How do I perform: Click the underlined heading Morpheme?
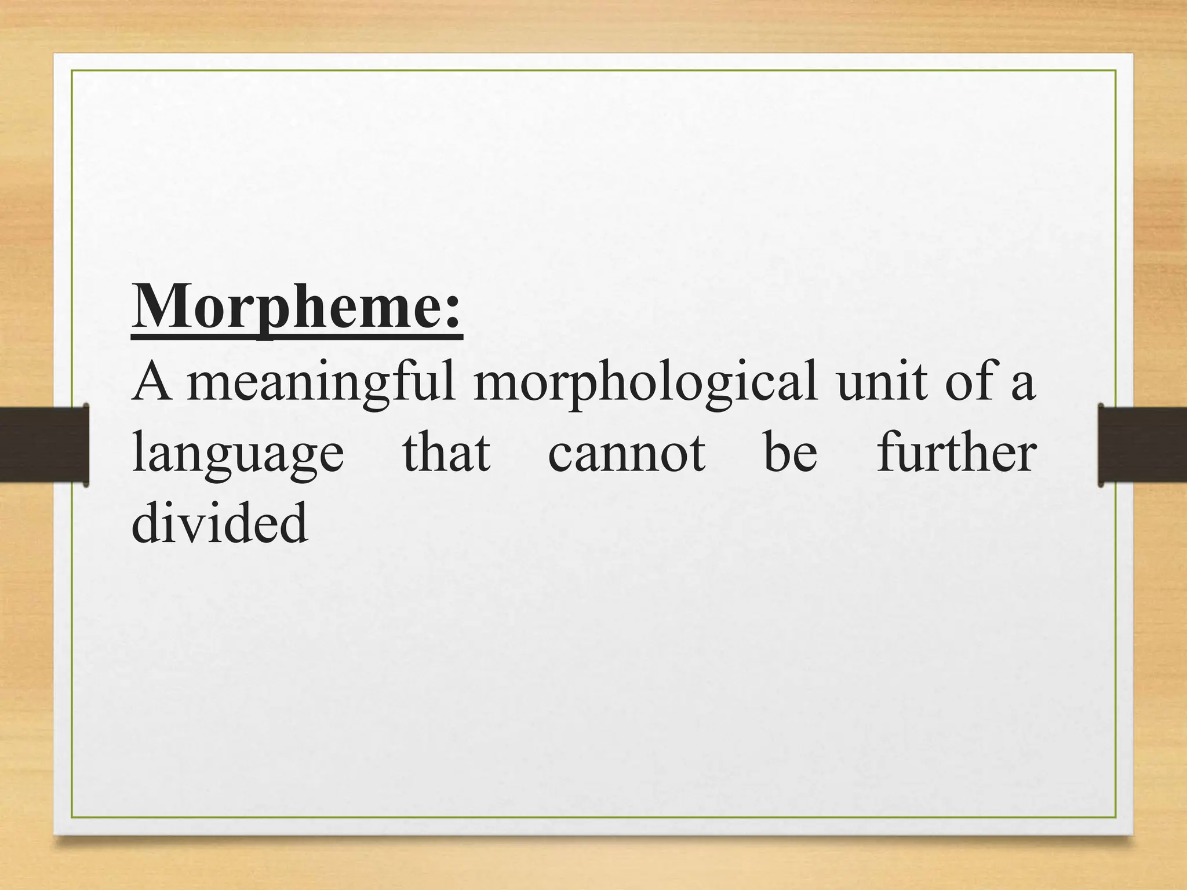click(x=297, y=307)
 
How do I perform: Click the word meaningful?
click(x=321, y=382)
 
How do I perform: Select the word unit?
click(x=882, y=382)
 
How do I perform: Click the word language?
click(x=238, y=455)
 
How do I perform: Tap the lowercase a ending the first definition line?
click(x=1023, y=387)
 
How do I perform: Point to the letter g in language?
click(x=270, y=461)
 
